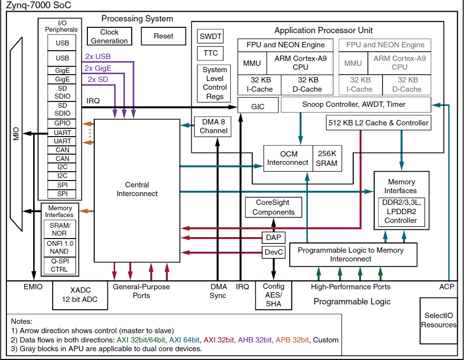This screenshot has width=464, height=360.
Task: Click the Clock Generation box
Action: click(x=109, y=37)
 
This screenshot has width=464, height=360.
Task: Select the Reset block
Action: click(x=163, y=36)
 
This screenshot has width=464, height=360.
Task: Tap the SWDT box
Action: click(x=211, y=37)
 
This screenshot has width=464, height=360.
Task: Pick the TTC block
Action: click(x=211, y=53)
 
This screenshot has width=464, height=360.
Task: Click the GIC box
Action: click(x=257, y=105)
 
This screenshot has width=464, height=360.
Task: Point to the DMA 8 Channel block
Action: click(x=213, y=126)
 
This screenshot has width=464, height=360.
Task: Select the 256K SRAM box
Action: click(x=326, y=159)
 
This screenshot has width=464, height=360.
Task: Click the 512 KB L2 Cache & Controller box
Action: click(x=379, y=123)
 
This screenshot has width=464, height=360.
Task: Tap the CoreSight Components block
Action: click(x=273, y=207)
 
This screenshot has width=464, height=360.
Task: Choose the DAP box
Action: click(x=273, y=238)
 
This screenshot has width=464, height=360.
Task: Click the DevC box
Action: click(x=273, y=252)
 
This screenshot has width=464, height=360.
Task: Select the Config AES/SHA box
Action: click(x=273, y=296)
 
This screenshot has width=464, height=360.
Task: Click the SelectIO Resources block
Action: click(x=439, y=320)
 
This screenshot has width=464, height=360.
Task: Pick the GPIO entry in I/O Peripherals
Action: click(x=62, y=123)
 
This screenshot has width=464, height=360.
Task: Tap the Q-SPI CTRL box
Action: click(x=60, y=265)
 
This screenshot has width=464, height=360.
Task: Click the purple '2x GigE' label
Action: click(x=98, y=68)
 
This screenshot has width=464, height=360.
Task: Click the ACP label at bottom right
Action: click(x=446, y=287)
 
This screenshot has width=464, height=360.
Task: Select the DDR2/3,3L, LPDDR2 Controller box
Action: click(x=401, y=212)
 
